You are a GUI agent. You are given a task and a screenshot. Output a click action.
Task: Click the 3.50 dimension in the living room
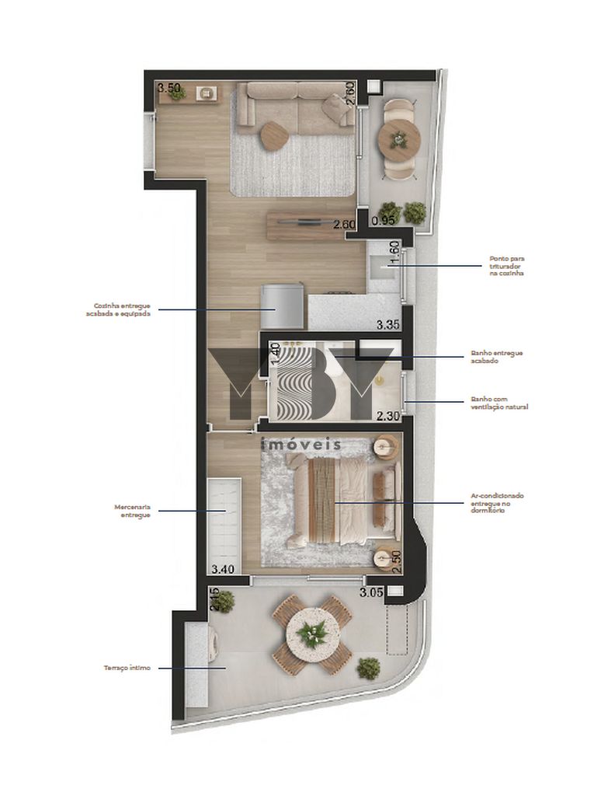coord(168,88)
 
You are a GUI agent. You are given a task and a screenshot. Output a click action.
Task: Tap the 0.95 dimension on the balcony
coord(384,221)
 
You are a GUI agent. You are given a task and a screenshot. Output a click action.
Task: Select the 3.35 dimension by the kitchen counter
coord(388,324)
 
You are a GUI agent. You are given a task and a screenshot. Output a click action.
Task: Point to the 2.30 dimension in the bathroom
coord(387,417)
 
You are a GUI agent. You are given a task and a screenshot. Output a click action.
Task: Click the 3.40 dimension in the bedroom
coord(222,569)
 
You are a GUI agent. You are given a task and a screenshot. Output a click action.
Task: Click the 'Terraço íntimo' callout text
coord(128,668)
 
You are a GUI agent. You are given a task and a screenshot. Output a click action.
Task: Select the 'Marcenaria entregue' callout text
coord(131,511)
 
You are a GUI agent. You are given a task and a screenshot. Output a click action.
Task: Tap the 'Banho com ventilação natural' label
coord(499,403)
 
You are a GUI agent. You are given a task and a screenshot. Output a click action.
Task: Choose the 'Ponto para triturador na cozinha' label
coord(506,267)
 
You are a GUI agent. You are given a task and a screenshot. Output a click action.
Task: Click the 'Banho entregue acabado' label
coord(496,357)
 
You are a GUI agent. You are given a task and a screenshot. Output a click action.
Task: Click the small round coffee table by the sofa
coord(274,136)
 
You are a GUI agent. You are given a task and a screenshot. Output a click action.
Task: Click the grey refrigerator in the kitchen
coord(280,306)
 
